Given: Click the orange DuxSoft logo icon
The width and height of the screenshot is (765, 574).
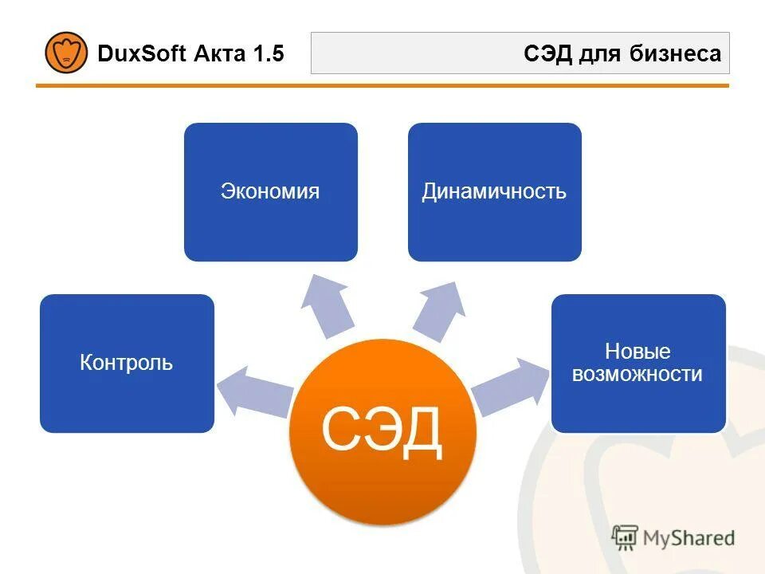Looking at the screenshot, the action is pos(66,53).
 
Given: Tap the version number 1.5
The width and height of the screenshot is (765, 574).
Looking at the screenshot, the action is pos(268,54).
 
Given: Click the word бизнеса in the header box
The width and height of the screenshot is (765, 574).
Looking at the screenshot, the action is pos(682,54).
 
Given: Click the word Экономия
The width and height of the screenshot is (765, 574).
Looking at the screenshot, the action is pos(270,192).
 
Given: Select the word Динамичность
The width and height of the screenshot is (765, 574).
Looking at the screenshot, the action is pos(494,192).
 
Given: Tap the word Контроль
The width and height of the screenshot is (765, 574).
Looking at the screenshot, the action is pos(127,364).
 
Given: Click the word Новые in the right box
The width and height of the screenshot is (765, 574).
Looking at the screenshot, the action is pos(637,352).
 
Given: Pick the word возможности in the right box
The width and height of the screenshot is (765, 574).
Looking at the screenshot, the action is pos(637,374).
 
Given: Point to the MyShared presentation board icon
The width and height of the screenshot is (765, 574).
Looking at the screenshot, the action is pos(625,538).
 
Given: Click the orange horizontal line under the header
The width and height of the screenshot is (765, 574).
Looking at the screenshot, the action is pos(382,85).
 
